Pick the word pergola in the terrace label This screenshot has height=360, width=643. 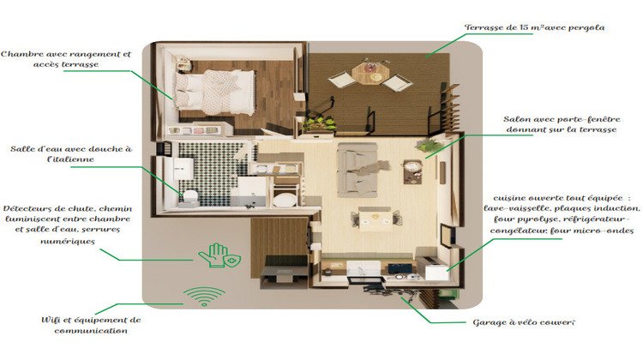[x=586, y=27]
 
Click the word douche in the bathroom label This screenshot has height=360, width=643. [x=100, y=148]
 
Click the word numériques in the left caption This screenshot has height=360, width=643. [x=69, y=242]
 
